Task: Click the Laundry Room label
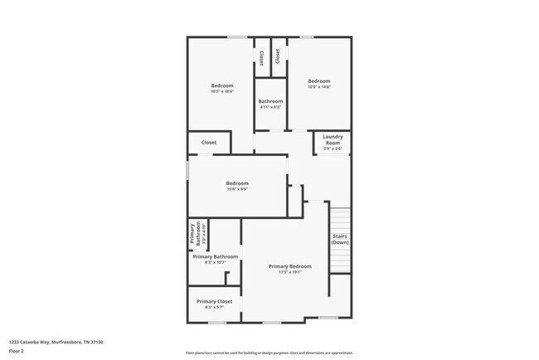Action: (333, 139)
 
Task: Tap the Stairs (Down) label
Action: (340, 239)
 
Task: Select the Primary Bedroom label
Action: (290, 266)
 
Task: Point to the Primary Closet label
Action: (214, 301)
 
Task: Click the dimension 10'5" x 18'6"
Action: (222, 91)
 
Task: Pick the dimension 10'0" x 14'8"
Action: (319, 86)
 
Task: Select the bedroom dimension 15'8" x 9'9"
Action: (237, 189)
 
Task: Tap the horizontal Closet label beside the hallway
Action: (209, 142)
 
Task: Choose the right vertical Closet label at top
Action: (278, 56)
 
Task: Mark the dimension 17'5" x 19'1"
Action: (290, 271)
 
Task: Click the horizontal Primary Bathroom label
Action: (216, 257)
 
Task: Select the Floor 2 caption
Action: (17, 351)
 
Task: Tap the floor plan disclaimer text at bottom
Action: (269, 353)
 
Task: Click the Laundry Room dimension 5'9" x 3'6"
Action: (333, 148)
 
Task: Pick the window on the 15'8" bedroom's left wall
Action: (187, 170)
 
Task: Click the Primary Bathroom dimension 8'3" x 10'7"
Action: (216, 262)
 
